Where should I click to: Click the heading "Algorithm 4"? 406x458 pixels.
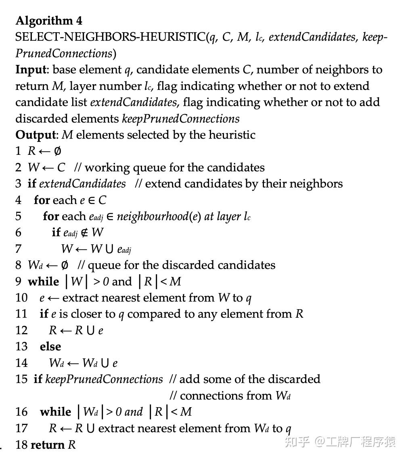(49, 21)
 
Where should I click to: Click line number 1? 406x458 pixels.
(18, 151)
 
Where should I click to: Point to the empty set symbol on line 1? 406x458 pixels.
(57, 151)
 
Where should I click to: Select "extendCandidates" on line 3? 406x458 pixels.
(82, 184)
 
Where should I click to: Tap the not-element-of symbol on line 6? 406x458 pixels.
(84, 233)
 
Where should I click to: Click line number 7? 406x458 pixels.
(18, 249)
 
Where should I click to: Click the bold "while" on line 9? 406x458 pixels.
(44, 282)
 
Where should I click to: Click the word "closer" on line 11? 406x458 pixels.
(77, 314)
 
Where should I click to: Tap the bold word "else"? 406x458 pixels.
(50, 347)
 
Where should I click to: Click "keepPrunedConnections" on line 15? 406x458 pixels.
(104, 379)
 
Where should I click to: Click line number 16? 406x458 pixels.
(21, 412)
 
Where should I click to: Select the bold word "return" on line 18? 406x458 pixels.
(48, 445)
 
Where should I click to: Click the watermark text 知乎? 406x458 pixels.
(297, 442)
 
